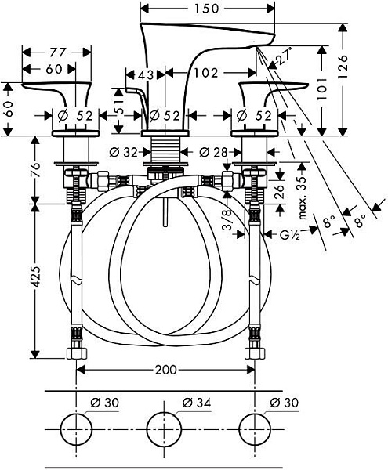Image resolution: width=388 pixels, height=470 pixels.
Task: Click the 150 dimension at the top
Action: (207, 9)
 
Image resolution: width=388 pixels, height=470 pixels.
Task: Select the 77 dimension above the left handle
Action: (57, 52)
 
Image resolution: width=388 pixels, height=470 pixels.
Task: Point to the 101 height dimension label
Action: (322, 89)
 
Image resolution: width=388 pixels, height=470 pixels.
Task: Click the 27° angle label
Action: (285, 56)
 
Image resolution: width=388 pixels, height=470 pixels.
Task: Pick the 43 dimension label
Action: (145, 74)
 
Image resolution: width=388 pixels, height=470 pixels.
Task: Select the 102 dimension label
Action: (206, 73)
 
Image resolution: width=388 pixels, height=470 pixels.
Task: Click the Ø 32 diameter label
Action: (123, 153)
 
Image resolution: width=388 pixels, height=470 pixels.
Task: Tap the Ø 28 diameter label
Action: (213, 153)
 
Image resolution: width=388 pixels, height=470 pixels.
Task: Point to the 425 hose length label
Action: (37, 277)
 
